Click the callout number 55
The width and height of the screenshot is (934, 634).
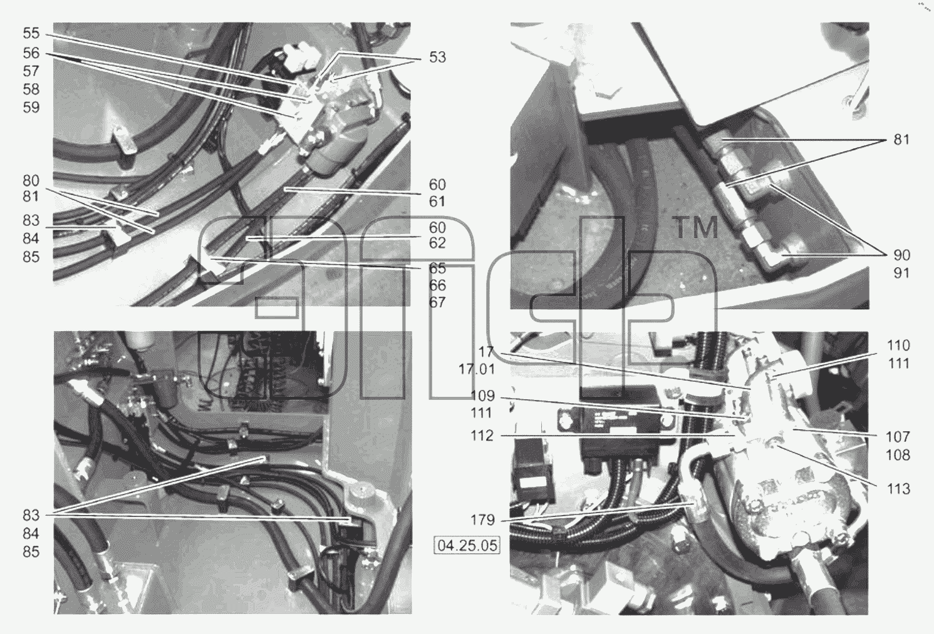pos(31,33)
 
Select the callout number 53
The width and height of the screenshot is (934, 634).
pos(437,57)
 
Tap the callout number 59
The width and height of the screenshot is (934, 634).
pos(31,108)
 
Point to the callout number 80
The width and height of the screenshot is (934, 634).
pos(31,181)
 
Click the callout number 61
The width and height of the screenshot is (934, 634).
pos(437,202)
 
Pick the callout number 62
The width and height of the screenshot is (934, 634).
pos(437,243)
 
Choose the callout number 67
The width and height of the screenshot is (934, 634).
pos(437,302)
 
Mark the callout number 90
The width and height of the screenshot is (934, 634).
pos(901,255)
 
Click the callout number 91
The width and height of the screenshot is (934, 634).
pos(901,274)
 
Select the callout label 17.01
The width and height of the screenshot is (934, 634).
pos(477,369)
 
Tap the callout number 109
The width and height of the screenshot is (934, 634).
pos(482,396)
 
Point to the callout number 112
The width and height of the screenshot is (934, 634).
pos(482,436)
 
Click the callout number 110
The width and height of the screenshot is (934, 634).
pos(898,345)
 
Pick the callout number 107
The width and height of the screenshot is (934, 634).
pos(898,437)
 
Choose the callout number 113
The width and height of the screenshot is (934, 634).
pos(898,489)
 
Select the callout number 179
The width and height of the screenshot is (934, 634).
pos(482,520)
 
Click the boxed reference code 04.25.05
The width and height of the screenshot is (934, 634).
pos(467,545)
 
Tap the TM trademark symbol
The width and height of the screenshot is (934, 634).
pos(695,228)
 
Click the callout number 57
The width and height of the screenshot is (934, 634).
pos(31,71)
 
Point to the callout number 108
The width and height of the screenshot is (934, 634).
pos(898,455)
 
